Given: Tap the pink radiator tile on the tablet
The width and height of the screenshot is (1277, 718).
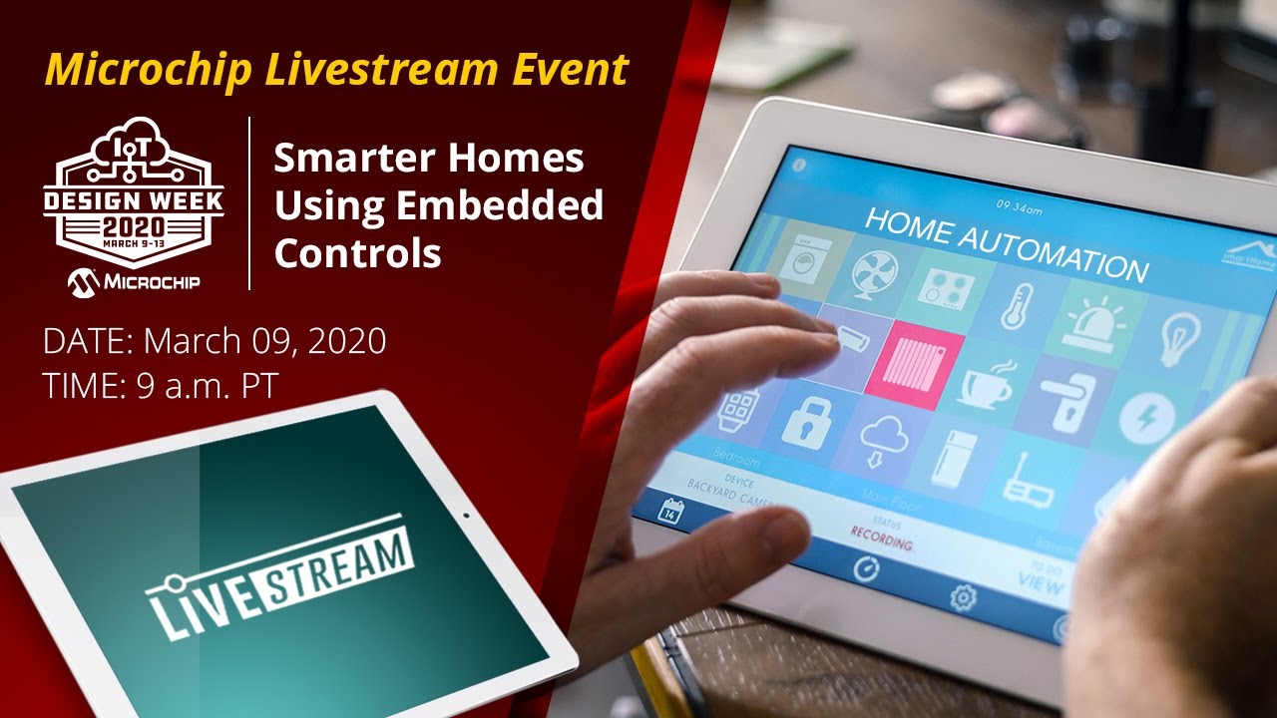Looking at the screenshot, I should pos(914,363).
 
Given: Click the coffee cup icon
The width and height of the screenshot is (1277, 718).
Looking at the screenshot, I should pos(987,384).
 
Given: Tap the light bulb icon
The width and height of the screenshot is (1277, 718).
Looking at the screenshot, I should pos(1178,340).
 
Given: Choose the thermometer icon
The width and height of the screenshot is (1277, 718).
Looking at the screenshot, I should pos(1018,305).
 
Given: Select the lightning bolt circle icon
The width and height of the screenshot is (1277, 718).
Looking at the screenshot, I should pos(1139,420).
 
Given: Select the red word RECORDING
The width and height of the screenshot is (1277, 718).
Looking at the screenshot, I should pos(881,538).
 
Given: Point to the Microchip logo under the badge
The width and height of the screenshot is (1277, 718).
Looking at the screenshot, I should pos(134,282).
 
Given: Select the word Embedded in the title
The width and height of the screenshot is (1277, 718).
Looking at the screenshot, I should pos(500,205).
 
